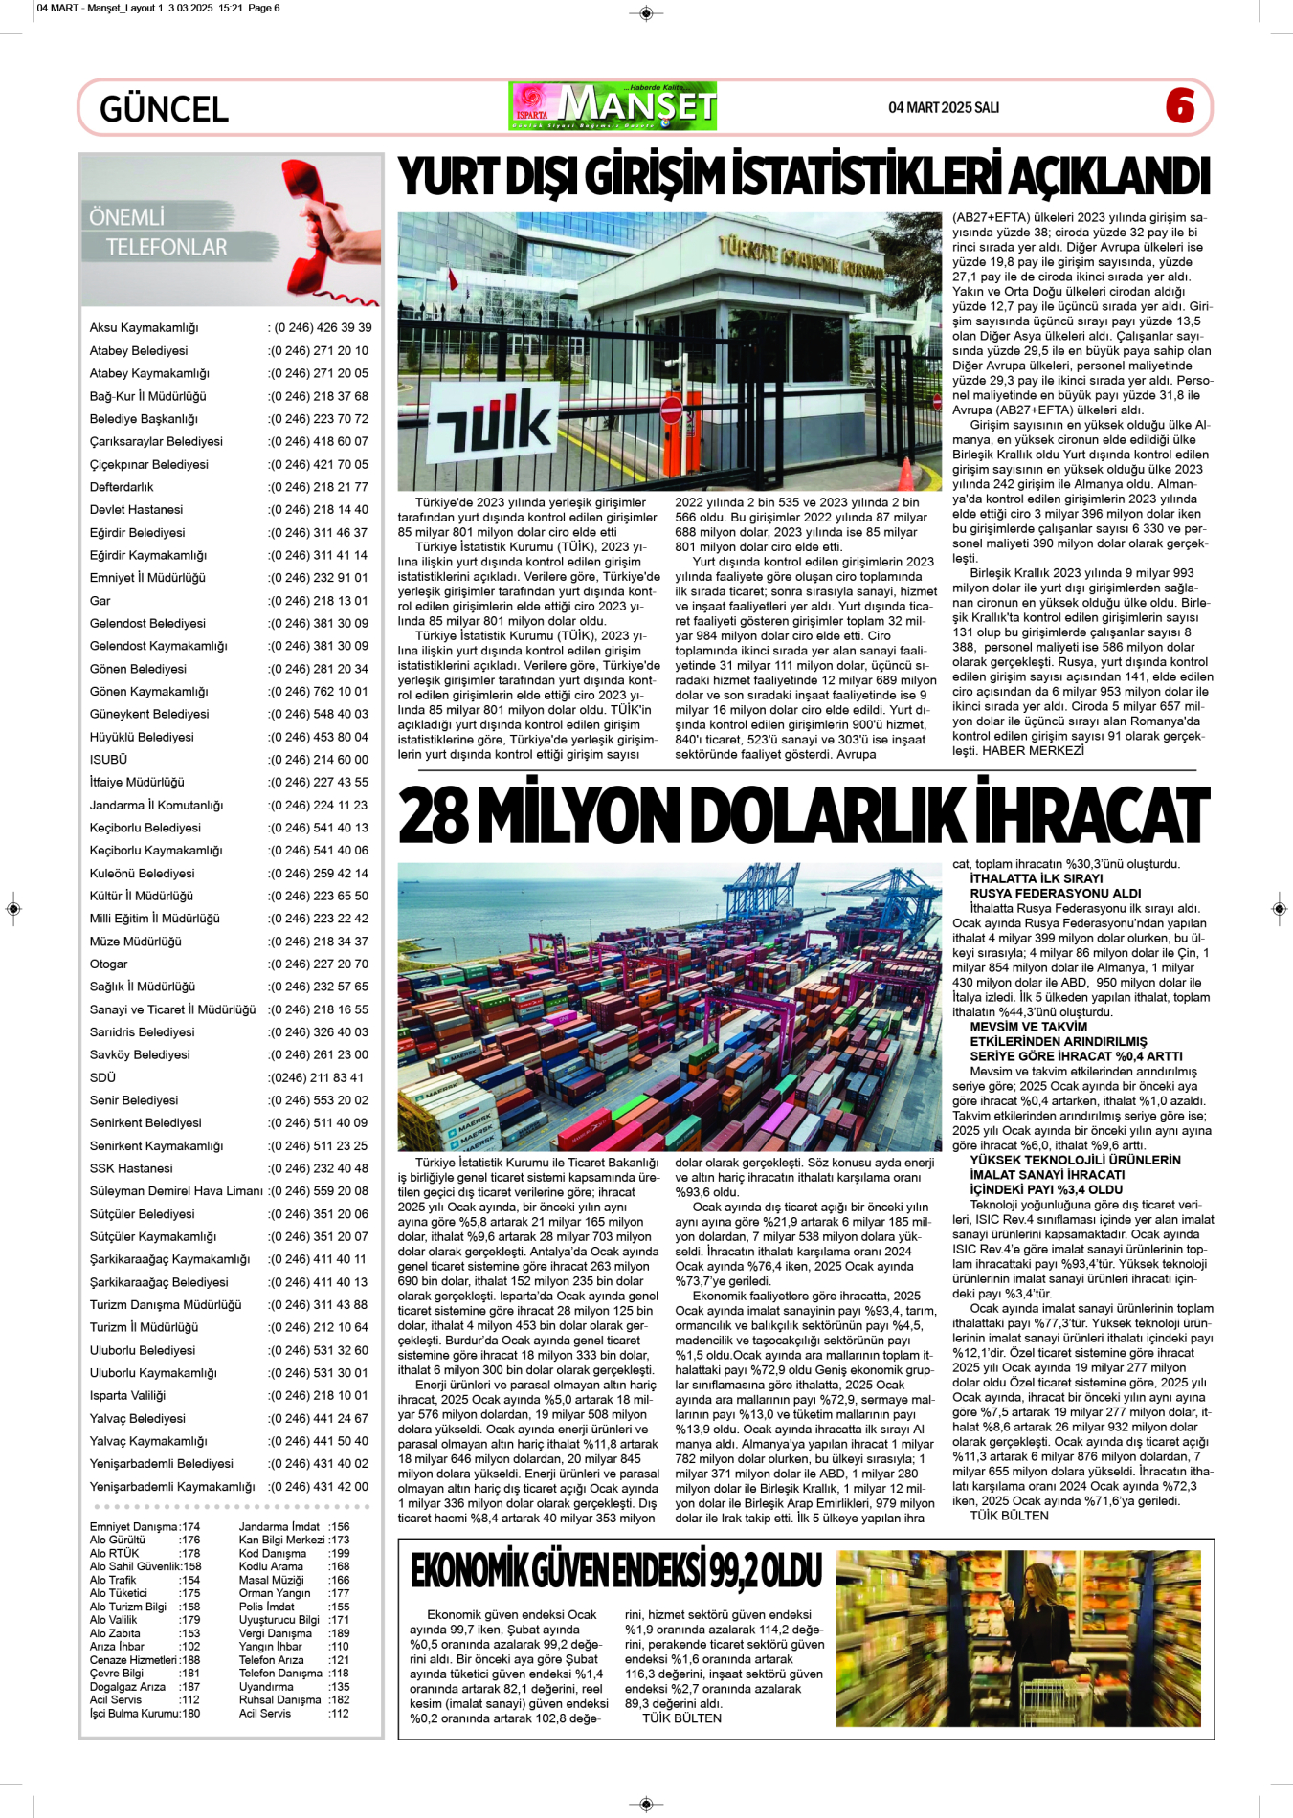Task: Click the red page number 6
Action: click(1180, 106)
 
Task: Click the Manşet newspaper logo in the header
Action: click(613, 106)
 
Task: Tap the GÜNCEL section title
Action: click(164, 109)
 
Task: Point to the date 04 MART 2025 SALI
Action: click(943, 107)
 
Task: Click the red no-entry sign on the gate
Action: click(672, 410)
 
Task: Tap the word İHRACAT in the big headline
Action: click(1091, 817)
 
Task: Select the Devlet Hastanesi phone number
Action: click(319, 510)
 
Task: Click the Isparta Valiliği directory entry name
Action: click(127, 1396)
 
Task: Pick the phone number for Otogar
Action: click(319, 964)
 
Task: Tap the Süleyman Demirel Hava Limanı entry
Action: click(176, 1191)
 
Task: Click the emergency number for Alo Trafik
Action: click(189, 1580)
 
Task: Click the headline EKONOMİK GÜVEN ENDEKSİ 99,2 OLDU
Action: click(616, 1570)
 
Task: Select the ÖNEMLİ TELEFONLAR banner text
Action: click(158, 233)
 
